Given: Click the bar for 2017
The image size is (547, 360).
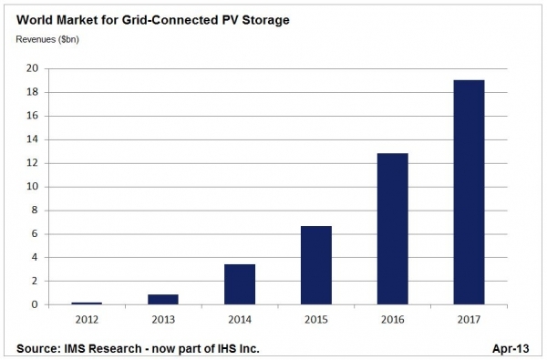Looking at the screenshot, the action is pos(469,192).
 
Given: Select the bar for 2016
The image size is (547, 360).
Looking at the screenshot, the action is pos(392,229).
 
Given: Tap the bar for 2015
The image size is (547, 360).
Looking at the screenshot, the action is pos(316,265).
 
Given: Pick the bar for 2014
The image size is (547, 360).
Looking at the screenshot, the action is pos(240,284).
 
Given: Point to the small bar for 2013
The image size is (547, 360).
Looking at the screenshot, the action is pos(163,299).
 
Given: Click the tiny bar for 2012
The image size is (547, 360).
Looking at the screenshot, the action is pos(87,303).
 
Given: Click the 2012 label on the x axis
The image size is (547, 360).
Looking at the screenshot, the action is pos(87,320).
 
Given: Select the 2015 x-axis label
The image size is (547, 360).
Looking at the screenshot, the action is pos(316,320).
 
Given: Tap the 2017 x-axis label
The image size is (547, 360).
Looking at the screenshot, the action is pos(469,320).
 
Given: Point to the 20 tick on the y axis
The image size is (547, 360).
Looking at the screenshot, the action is pos(32,68).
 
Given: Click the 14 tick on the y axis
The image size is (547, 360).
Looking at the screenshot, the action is pos(32,139).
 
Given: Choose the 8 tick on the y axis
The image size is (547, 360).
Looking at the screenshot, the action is pos(35,211).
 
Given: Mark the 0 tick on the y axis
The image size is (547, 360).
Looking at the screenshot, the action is pos(35,304).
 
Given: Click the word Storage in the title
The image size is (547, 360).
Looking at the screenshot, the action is pos(265,20).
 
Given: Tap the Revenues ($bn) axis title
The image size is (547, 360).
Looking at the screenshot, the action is pos(47,39).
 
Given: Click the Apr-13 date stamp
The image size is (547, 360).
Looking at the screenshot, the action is pos(511,348).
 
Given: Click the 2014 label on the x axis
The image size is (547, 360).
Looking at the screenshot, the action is pos(240,320).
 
